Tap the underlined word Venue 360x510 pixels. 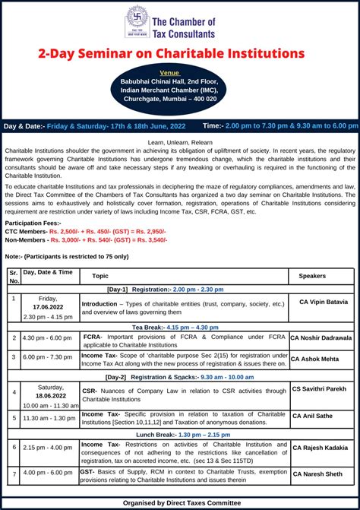pos(180,73)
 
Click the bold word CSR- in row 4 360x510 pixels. pos(90,388)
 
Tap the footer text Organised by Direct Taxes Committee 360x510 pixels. pos(180,503)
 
